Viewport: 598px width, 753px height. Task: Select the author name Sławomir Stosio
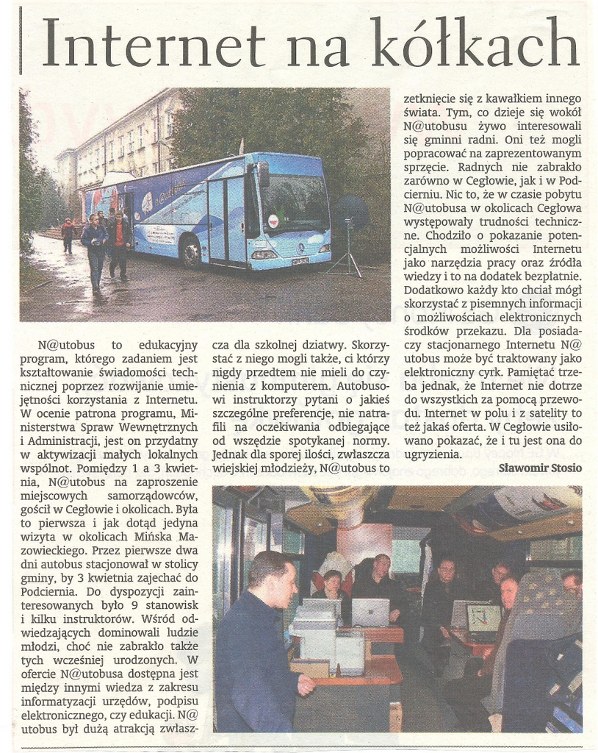coord(540,468)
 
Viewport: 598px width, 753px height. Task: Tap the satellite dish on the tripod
coord(350,213)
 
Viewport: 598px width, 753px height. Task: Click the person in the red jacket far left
coord(68,234)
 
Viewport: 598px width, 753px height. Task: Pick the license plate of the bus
coord(300,260)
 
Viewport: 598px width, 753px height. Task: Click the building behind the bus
coord(125,140)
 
